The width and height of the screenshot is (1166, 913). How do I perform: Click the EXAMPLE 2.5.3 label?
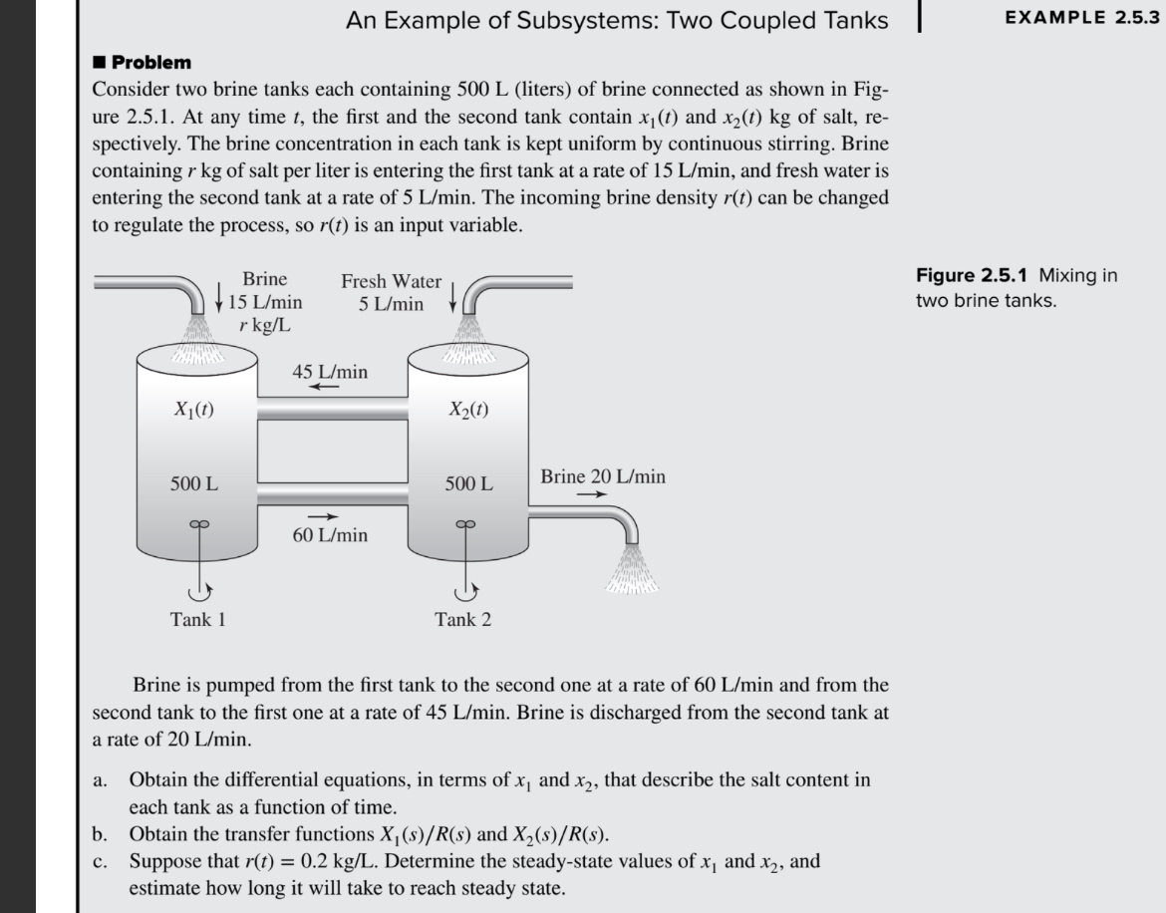pos(1082,17)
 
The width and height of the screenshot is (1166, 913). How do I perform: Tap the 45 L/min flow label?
pos(330,372)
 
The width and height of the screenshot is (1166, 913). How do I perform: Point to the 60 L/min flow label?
pos(330,535)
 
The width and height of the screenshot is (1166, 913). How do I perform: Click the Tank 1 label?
pos(197,620)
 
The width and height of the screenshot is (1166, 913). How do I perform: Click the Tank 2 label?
pos(462,620)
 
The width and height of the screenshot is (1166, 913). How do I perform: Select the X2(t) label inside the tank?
pos(468,409)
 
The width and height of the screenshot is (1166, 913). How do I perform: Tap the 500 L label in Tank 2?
pos(468,484)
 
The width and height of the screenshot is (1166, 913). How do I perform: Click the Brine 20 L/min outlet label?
pos(603,476)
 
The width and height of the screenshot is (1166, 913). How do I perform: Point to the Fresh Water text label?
pos(391,282)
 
